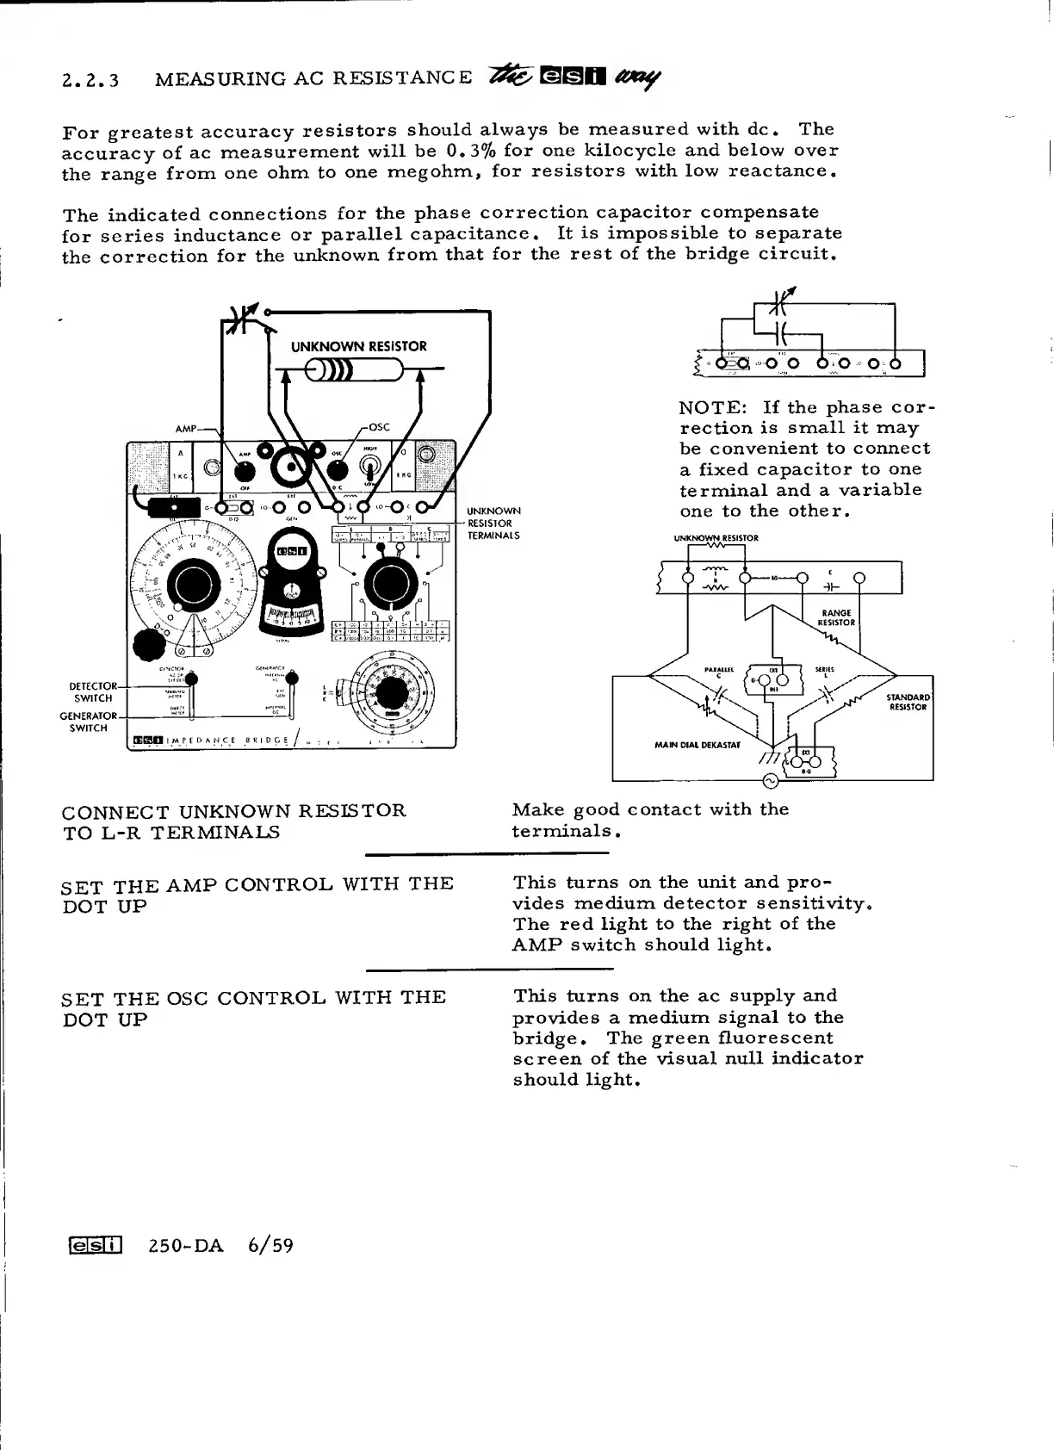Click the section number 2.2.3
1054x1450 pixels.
[90, 80]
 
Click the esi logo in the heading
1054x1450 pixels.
[573, 77]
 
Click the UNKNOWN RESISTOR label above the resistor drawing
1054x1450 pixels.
[358, 346]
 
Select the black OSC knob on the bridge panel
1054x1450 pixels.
[338, 471]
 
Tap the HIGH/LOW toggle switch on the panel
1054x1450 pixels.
[370, 467]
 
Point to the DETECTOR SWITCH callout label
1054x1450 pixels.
[92, 692]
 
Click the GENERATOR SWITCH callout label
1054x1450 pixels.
[88, 722]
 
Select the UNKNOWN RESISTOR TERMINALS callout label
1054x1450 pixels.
[493, 523]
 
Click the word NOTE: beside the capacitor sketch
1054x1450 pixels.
[711, 407]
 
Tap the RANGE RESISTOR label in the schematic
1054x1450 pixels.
[835, 617]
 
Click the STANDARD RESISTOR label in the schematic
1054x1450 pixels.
[908, 702]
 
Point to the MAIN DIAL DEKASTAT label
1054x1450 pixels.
[697, 745]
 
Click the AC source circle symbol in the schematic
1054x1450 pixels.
[771, 781]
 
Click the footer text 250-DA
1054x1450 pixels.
[186, 1245]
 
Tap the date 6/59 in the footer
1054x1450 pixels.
[270, 1245]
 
